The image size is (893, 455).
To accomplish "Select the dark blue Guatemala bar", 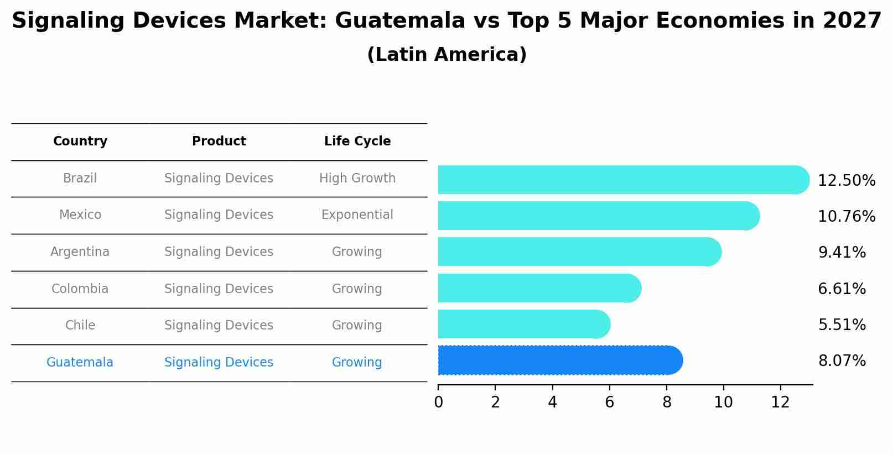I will click(559, 360).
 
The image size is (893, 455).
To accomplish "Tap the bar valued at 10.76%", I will click(598, 216).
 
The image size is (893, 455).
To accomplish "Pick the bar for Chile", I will click(523, 324).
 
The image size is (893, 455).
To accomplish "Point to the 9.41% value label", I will click(842, 253).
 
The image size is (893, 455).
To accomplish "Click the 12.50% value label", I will click(847, 181).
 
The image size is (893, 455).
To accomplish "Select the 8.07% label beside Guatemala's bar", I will click(842, 361).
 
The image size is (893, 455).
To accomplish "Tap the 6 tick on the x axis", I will click(609, 402).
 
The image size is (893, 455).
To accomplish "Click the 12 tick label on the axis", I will click(780, 402).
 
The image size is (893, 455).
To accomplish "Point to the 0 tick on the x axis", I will click(438, 402).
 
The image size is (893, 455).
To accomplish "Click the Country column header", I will click(80, 142).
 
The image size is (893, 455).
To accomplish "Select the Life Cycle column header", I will click(357, 142).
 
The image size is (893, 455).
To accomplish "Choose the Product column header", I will click(219, 142).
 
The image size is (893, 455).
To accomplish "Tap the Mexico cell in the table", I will click(80, 215).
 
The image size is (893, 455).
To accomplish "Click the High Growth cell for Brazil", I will click(357, 179).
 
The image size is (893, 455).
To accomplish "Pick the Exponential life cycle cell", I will click(357, 215).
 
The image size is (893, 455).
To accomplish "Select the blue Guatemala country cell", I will click(80, 363).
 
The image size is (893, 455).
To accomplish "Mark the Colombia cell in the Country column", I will click(80, 289).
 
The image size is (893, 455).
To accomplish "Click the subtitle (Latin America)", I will click(446, 55).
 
